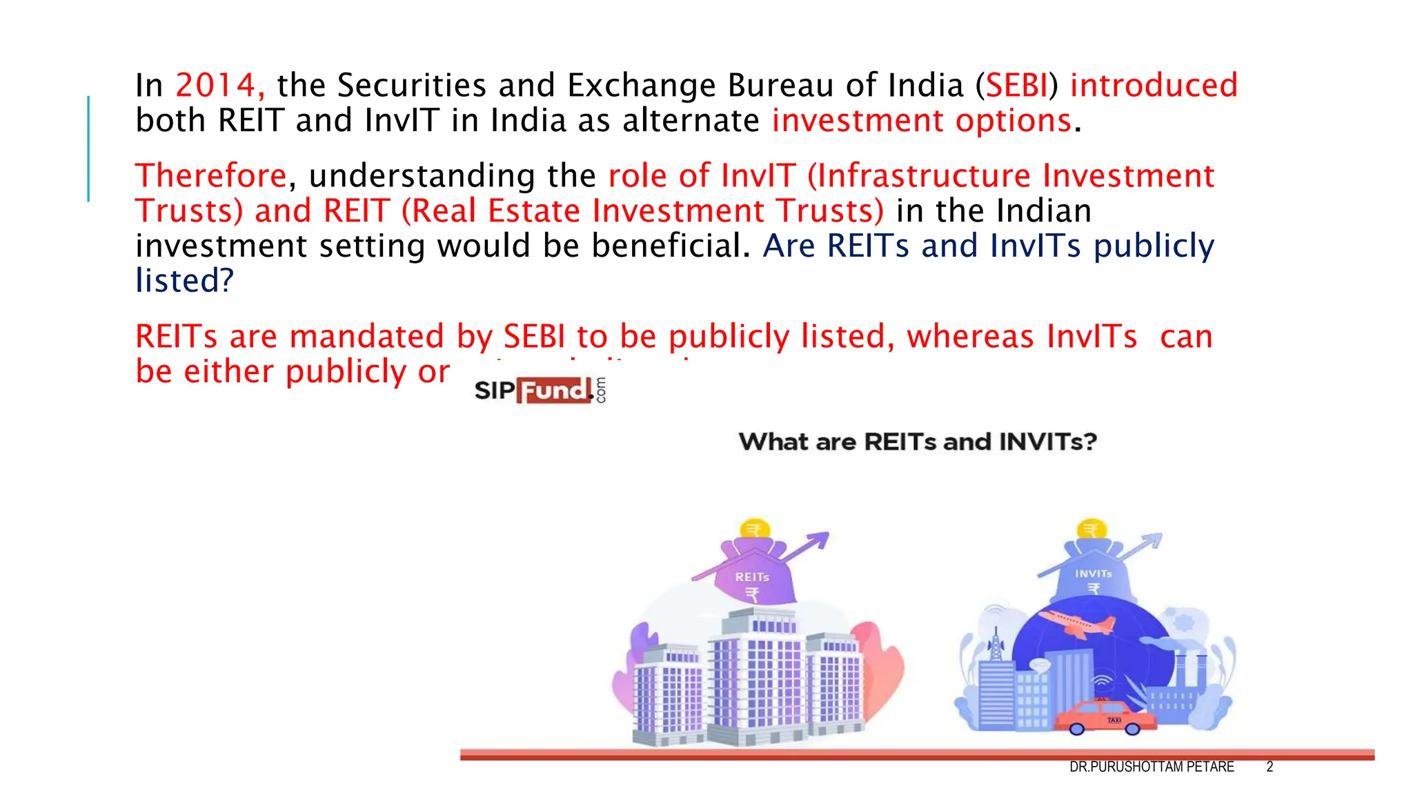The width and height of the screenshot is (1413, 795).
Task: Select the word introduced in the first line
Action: (1154, 86)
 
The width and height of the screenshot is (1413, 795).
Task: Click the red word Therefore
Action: (210, 176)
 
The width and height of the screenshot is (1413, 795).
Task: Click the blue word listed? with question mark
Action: (184, 281)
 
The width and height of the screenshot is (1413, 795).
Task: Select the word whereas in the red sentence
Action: (970, 337)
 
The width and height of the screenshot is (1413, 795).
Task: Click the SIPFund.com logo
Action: (540, 391)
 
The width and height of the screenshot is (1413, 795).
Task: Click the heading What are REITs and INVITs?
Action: (917, 442)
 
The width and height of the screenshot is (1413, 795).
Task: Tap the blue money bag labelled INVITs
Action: (1093, 573)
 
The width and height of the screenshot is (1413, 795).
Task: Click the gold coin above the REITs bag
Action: (755, 529)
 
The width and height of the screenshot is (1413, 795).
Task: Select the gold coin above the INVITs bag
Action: (1091, 529)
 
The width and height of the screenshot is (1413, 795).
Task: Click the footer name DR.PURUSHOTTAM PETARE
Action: (1151, 767)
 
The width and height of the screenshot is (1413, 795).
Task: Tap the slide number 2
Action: (1269, 767)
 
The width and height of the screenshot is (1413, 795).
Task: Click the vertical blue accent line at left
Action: (88, 148)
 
